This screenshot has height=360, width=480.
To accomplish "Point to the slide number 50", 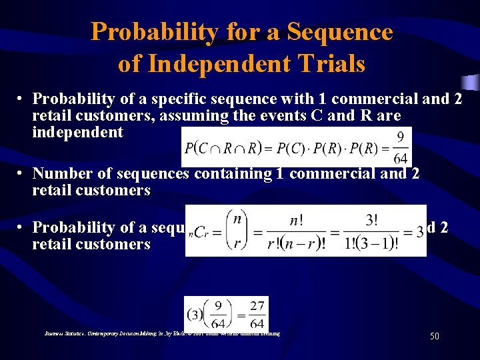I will click(434, 337).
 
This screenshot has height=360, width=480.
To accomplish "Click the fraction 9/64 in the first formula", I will click(400, 147).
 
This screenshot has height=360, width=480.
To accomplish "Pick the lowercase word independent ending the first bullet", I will click(77, 132).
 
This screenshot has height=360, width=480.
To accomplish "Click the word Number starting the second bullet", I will click(61, 174).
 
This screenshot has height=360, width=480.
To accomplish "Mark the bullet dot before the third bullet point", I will click(22, 227).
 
